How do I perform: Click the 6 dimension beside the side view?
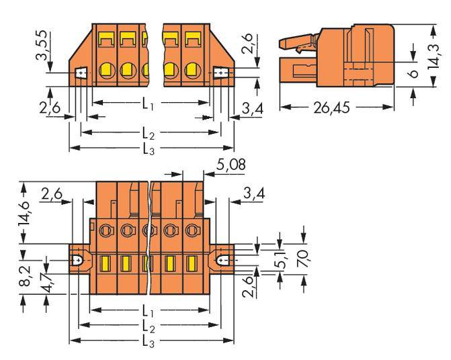tap(414, 70)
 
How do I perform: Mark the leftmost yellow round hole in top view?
tap(106, 69)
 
